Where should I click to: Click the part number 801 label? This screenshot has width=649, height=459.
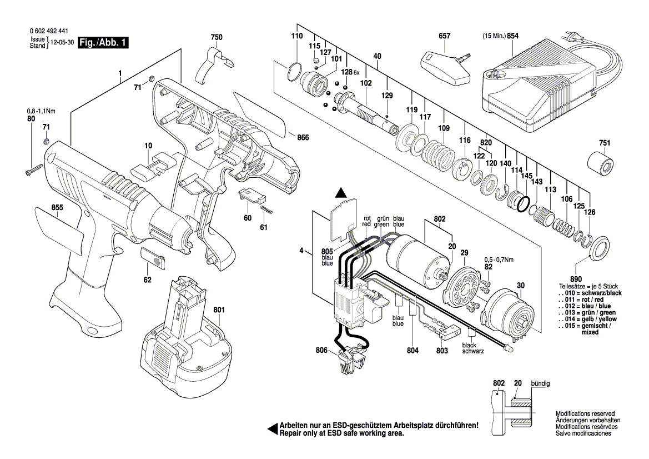tap(219, 310)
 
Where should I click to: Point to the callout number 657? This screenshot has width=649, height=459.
tap(445, 36)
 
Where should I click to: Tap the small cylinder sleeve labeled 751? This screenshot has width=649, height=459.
tap(601, 164)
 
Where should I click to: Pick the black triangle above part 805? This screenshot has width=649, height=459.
tap(341, 193)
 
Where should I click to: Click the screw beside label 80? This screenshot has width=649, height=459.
tap(34, 170)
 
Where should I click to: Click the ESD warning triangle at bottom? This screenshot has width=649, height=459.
tap(273, 428)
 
